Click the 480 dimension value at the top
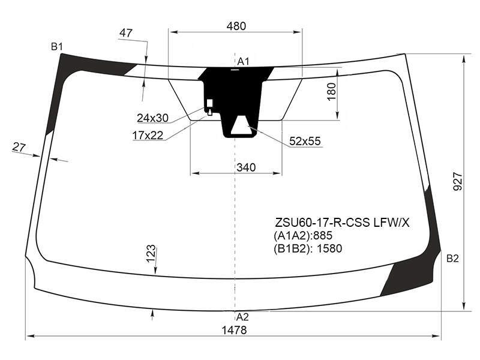pos(236,26)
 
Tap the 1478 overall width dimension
pos(234,330)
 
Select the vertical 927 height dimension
pos(458,182)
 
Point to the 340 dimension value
pos(246,167)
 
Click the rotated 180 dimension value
pos(332,92)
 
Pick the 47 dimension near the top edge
pos(126,33)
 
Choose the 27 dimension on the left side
pos(19,147)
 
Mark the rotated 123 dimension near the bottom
pos(151,254)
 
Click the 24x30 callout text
pos(153,118)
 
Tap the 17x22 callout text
pos(148,135)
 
